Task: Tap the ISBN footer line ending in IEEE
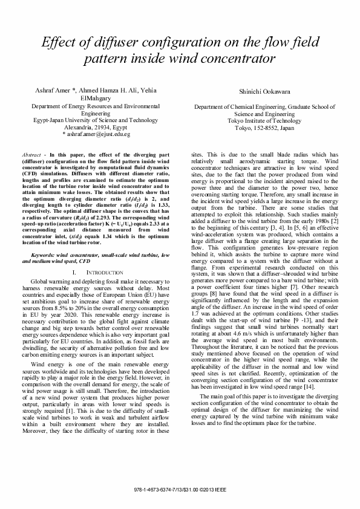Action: point(180,487)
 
